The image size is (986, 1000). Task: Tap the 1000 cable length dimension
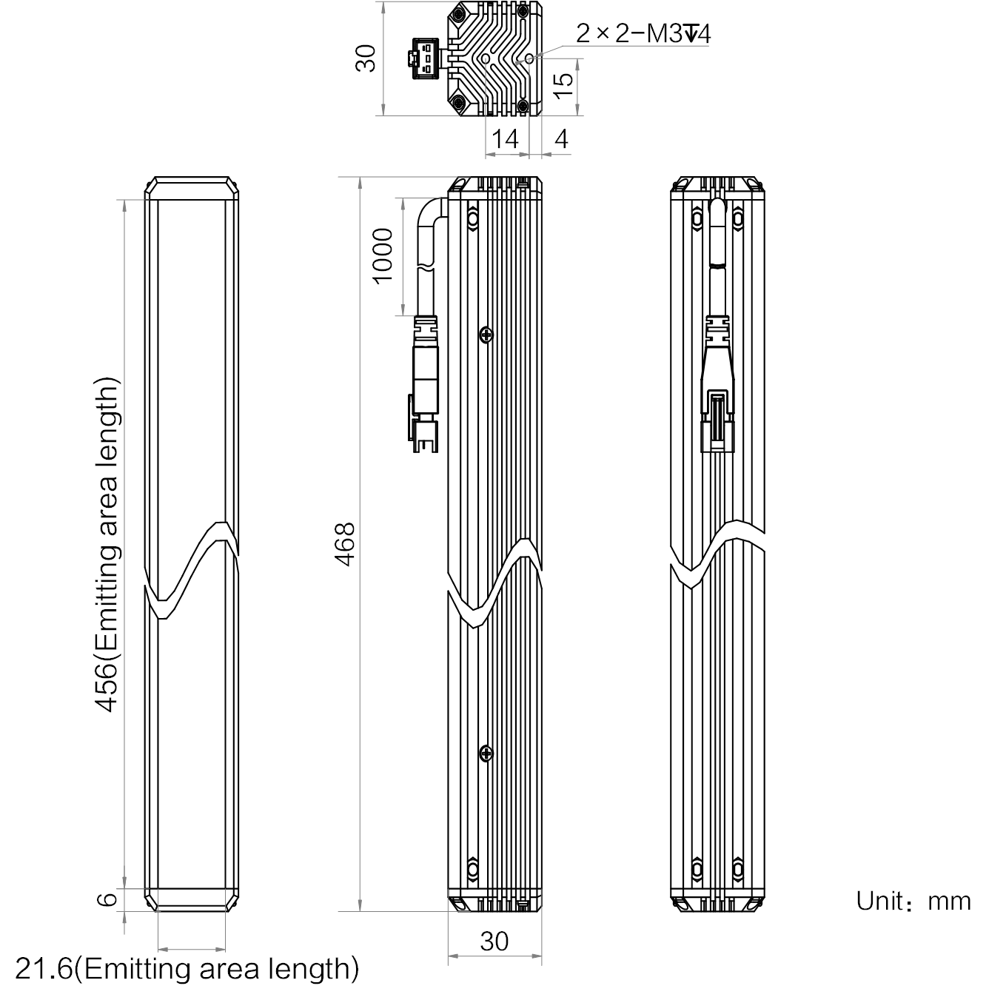coord(383,256)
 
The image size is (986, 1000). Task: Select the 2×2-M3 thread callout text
coord(643,34)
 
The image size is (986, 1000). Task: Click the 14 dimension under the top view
coord(505,139)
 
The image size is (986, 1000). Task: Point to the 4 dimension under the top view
coord(561,139)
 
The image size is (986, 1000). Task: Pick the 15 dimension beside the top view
coord(563,86)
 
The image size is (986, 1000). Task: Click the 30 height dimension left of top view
coord(366,58)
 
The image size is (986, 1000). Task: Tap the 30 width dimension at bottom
coord(494,941)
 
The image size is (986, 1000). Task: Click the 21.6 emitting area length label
coord(187,968)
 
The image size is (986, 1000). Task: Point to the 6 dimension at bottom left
coord(107,899)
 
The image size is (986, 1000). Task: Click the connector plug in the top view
coord(426,58)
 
